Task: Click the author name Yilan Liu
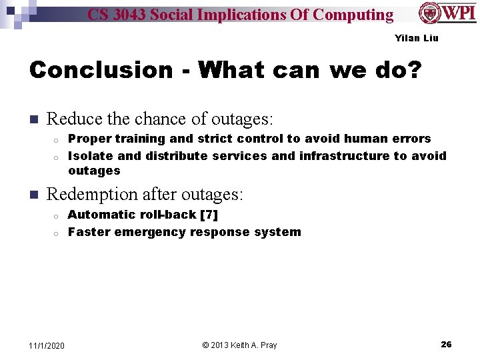(417, 38)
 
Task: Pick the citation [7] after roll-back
(207, 215)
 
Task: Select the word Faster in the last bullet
(89, 232)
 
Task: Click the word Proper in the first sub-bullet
(89, 139)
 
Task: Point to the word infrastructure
(344, 156)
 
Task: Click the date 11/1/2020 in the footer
(47, 345)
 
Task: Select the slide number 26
(446, 345)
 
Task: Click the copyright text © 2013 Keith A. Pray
(239, 345)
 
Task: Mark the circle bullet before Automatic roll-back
(57, 215)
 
